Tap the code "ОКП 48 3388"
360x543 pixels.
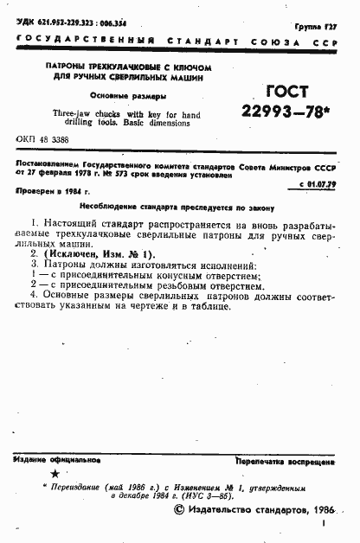point(44,138)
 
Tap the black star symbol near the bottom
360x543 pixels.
point(54,475)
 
